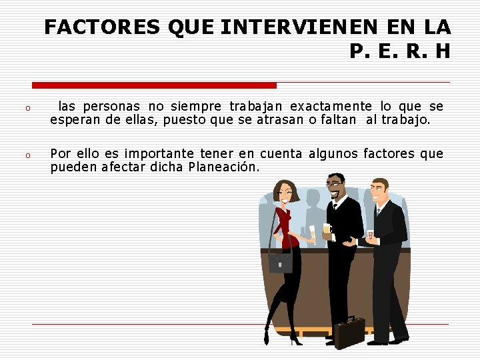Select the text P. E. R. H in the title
point(399,51)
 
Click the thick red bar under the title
point(154,85)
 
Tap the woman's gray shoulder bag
point(280,262)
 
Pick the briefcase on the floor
point(349,331)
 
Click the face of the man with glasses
point(336,187)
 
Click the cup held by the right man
point(369,235)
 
